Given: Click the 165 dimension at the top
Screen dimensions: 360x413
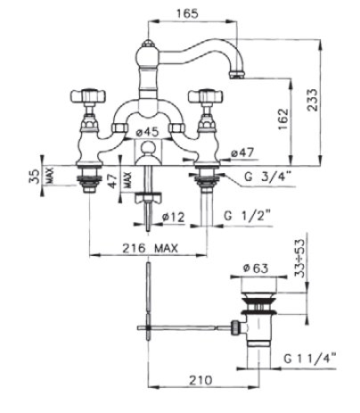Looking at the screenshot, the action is click(187, 13).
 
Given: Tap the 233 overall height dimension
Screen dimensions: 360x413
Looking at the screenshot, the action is click(312, 100).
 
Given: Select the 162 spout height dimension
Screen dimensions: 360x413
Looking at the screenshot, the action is click(282, 119).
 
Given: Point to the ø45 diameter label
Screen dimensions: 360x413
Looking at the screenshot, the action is click(148, 132).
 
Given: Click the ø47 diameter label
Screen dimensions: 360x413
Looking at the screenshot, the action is click(242, 153).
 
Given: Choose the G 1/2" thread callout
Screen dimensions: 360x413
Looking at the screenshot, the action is click(247, 216).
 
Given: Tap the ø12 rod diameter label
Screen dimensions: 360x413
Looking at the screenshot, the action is click(173, 217).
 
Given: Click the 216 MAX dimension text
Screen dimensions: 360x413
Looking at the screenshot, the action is click(151, 248).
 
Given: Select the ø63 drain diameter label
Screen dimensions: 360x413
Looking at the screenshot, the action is click(256, 268).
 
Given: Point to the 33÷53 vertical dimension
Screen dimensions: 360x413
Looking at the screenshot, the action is click(300, 258).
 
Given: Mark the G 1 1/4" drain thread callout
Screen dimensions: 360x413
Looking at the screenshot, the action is click(309, 359).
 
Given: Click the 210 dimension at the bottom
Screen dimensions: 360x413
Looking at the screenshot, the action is click(201, 380).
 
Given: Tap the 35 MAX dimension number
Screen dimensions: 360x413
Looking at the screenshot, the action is click(35, 177).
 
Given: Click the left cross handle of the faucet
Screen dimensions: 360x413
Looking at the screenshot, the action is click(88, 95).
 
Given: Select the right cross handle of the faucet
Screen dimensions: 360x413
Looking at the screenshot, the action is click(206, 95).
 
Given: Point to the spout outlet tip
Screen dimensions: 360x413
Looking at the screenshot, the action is click(237, 74).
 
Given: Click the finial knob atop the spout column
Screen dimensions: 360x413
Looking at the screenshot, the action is click(147, 44).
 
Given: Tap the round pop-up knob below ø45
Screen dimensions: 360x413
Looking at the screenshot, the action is click(148, 147).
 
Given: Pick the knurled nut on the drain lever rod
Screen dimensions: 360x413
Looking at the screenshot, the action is click(235, 327).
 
